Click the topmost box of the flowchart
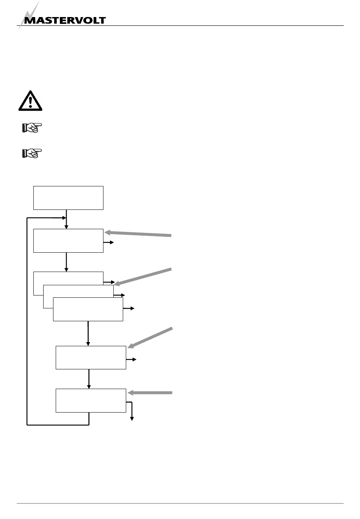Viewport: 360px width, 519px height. [x=68, y=198]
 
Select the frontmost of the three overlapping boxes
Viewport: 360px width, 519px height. [x=88, y=309]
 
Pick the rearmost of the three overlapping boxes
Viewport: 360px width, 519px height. [x=68, y=278]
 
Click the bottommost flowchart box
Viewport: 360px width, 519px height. [x=91, y=400]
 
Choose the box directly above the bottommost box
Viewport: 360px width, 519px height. [x=91, y=357]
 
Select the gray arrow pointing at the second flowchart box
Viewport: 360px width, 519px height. [x=138, y=234]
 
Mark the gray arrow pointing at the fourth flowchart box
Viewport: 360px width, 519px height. [x=150, y=337]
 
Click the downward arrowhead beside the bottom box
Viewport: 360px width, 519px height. [x=132, y=418]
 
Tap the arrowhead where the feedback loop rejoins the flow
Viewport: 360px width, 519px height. [x=63, y=218]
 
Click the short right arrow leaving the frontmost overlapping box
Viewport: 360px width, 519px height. [x=129, y=309]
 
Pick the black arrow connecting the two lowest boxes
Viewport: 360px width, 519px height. [x=89, y=379]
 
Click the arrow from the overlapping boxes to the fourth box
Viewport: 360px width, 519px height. [x=88, y=333]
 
